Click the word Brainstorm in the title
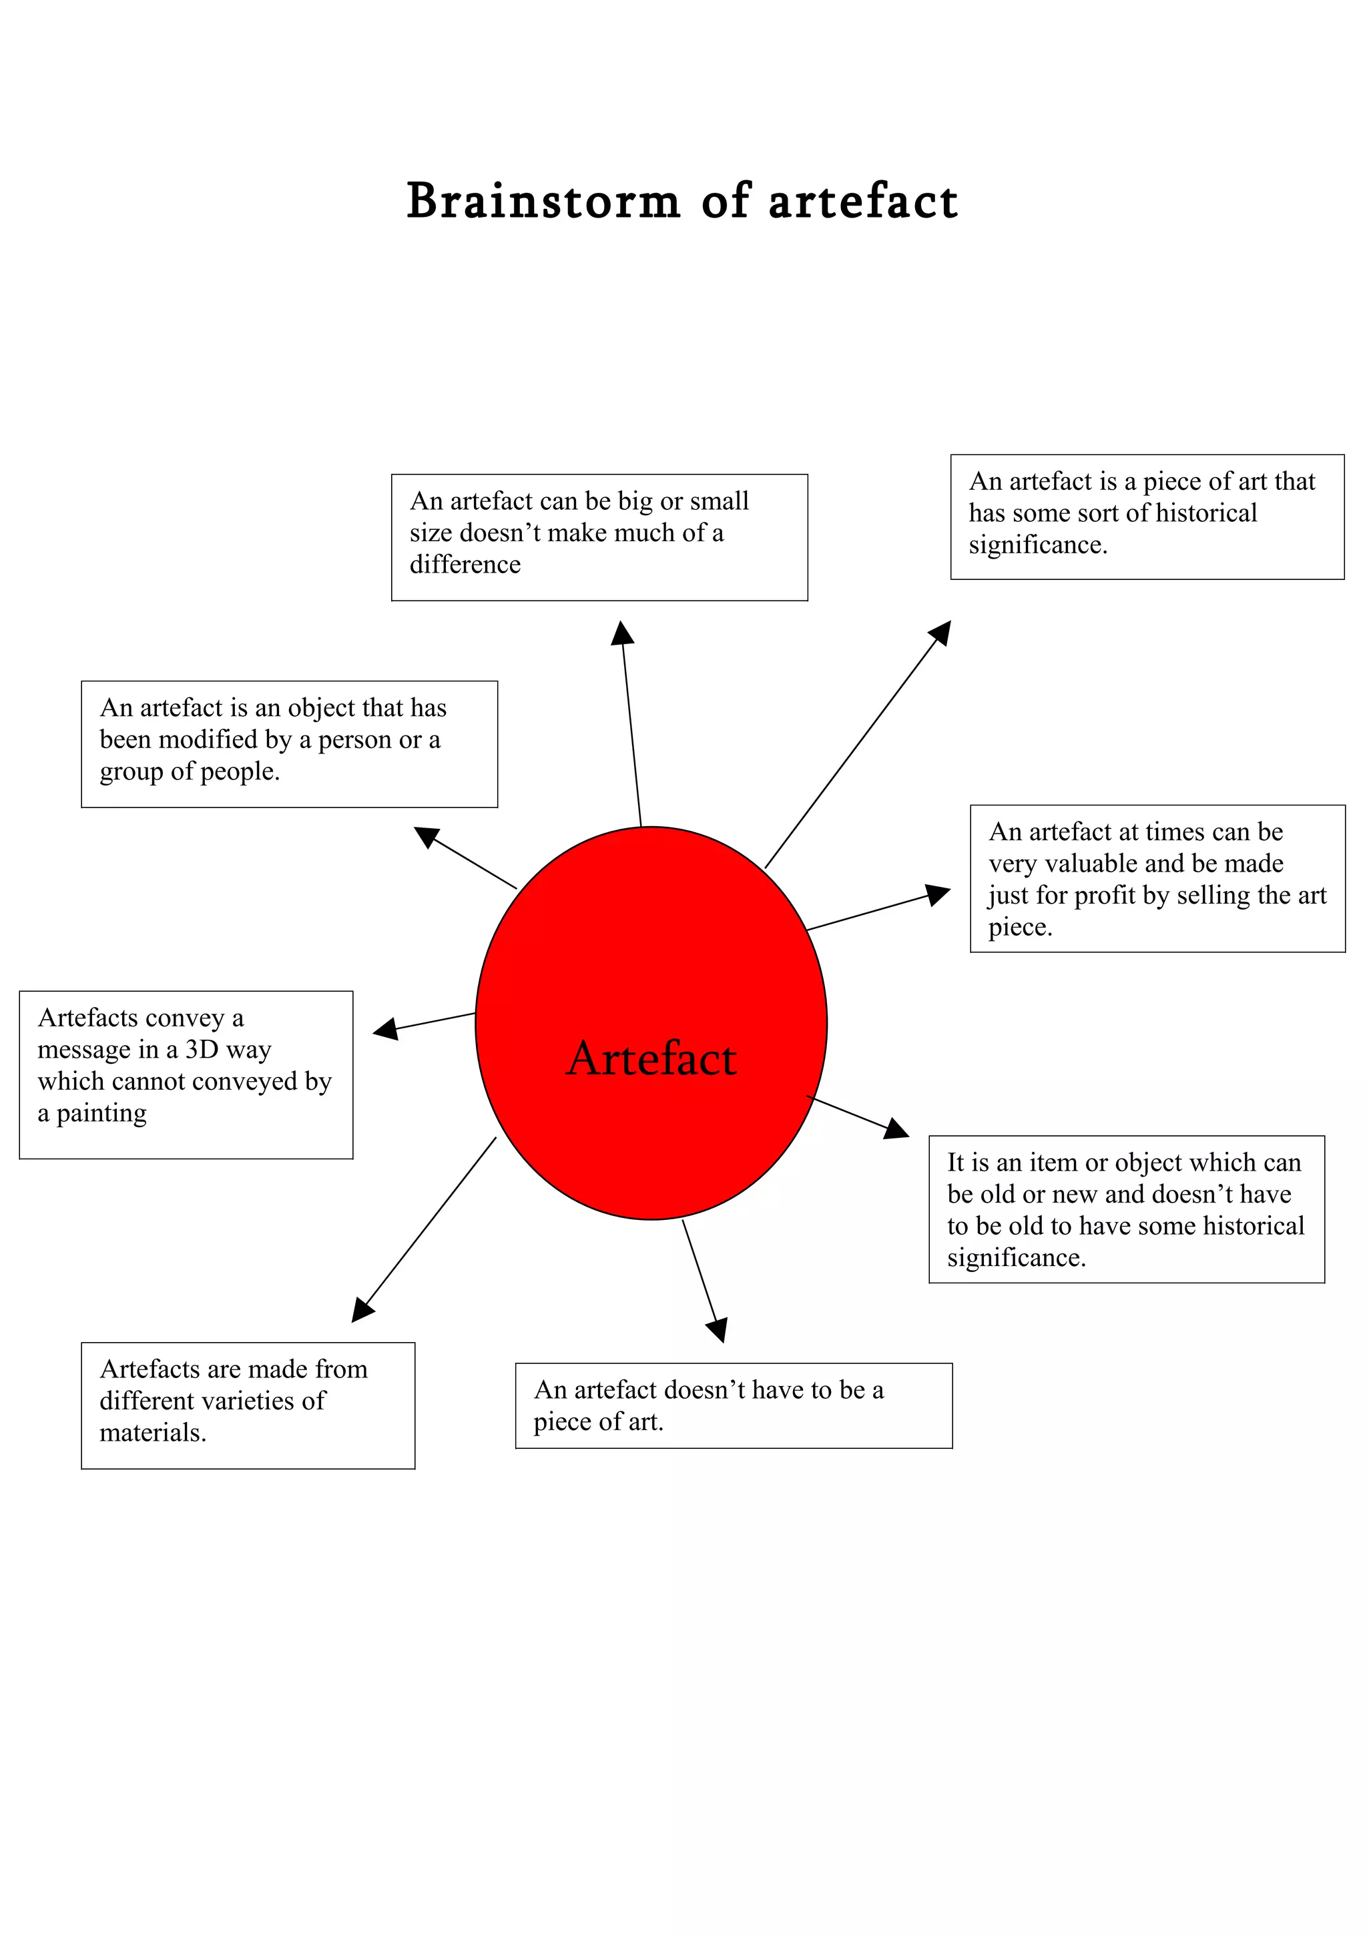pyautogui.click(x=543, y=202)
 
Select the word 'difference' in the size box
pyautogui.click(x=465, y=565)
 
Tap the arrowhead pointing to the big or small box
pyautogui.click(x=623, y=633)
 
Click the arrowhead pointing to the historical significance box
pyautogui.click(x=940, y=633)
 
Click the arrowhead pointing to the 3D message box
pyautogui.click(x=386, y=1028)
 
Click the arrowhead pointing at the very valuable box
pyautogui.click(x=938, y=894)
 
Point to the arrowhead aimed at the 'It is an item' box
pyautogui.click(x=897, y=1131)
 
